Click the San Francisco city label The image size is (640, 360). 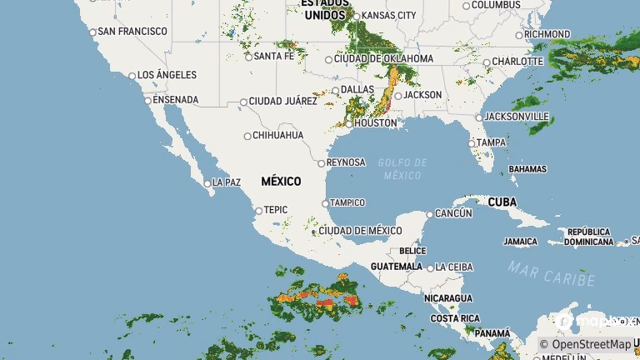pyautogui.click(x=132, y=32)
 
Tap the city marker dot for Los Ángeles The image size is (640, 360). pyautogui.click(x=132, y=76)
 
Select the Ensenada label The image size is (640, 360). pyautogui.click(x=175, y=100)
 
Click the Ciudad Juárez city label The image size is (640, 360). pyautogui.click(x=282, y=101)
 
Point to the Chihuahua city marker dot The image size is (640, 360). pyautogui.click(x=247, y=136)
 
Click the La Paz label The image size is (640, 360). pyautogui.click(x=227, y=182)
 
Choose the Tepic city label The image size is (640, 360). pyautogui.click(x=276, y=210)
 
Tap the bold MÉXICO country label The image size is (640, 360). pyautogui.click(x=281, y=181)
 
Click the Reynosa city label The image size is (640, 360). pyautogui.click(x=346, y=162)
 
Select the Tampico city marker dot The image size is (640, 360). pyautogui.click(x=325, y=202)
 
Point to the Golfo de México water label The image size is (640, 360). pyautogui.click(x=402, y=168)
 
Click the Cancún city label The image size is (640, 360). pyautogui.click(x=454, y=213)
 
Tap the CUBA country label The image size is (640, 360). pyautogui.click(x=502, y=202)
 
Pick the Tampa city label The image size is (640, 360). pyautogui.click(x=492, y=142)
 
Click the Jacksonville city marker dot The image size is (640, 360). pyautogui.click(x=479, y=117)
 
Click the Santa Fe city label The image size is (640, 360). pyautogui.click(x=274, y=56)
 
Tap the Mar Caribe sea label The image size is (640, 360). pyautogui.click(x=552, y=273)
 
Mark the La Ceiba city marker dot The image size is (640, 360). pyautogui.click(x=430, y=267)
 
